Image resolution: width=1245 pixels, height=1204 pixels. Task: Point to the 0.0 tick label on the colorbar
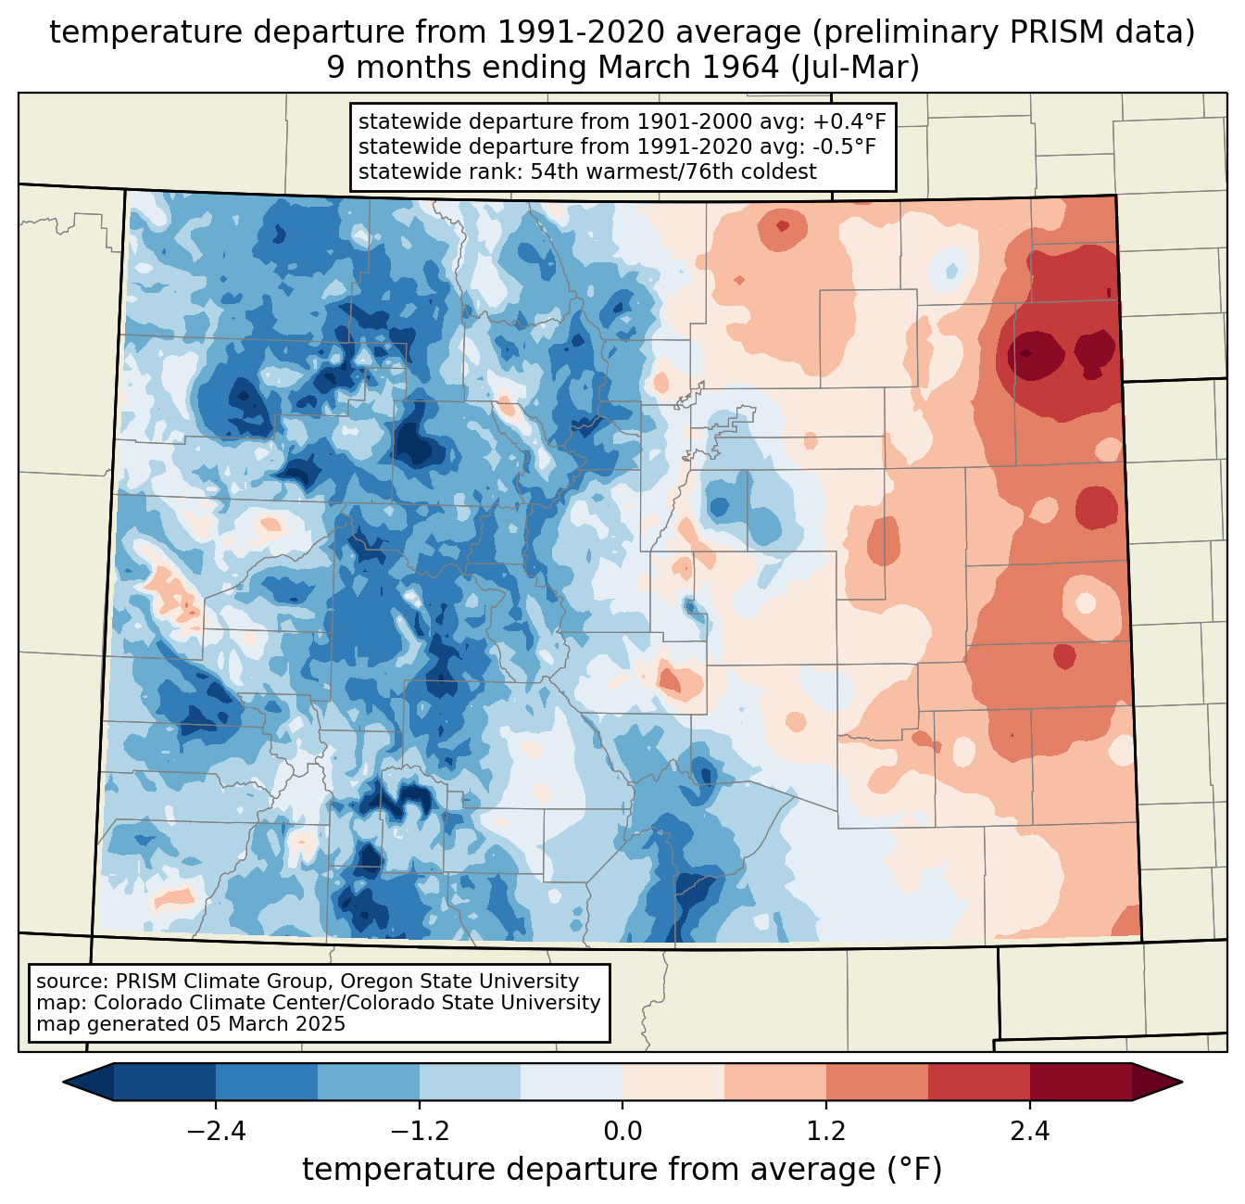[622, 1132]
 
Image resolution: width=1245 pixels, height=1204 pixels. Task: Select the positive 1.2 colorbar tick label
[826, 1132]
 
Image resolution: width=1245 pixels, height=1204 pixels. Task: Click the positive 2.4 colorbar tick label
[1030, 1132]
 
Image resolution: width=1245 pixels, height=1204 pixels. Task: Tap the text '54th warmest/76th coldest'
[673, 171]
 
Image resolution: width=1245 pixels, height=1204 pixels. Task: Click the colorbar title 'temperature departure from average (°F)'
[622, 1170]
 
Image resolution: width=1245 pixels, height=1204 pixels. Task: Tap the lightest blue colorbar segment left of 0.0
[572, 1082]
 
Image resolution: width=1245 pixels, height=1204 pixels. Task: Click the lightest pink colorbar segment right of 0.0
[673, 1082]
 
